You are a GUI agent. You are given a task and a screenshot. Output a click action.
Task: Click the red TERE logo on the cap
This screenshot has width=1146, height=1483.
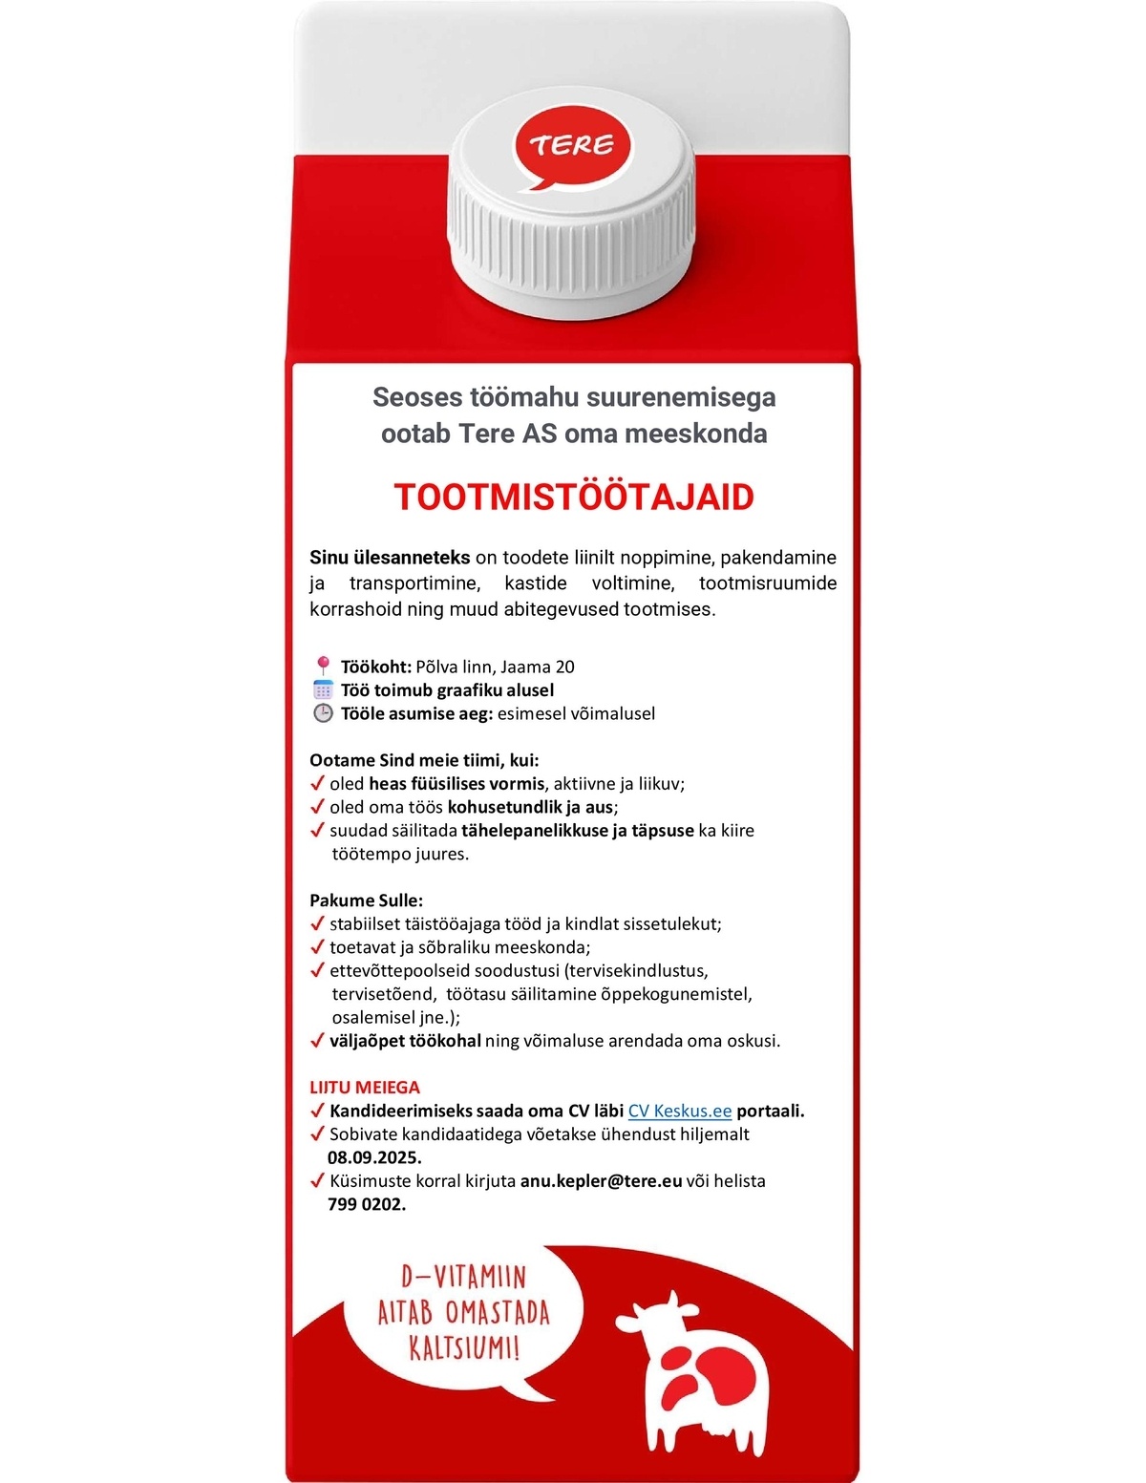[572, 147]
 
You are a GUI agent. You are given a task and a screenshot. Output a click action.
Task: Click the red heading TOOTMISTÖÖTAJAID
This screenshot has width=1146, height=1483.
[574, 498]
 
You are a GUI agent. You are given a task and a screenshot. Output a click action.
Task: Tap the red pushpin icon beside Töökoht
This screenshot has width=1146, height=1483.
[323, 666]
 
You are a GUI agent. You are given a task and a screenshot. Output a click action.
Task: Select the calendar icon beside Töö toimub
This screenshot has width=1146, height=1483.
[323, 689]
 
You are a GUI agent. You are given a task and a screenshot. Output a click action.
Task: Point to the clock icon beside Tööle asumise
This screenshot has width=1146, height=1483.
[323, 713]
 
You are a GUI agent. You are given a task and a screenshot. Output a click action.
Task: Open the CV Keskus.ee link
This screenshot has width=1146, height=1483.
[679, 1111]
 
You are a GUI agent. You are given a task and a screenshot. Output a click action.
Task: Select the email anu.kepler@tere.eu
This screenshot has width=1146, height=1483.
[601, 1181]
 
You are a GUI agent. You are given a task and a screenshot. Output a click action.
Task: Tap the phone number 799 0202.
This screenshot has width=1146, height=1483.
[367, 1204]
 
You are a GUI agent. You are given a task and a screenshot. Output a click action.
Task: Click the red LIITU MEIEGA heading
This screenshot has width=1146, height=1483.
[365, 1088]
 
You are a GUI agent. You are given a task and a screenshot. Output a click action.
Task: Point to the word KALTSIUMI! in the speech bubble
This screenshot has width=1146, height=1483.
[465, 1350]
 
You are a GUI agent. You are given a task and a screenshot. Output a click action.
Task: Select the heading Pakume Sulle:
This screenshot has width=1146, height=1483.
[366, 900]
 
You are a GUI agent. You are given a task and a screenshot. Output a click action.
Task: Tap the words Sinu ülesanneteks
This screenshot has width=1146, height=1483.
[390, 558]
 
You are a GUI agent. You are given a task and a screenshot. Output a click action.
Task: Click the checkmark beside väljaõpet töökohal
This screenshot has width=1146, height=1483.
[318, 1041]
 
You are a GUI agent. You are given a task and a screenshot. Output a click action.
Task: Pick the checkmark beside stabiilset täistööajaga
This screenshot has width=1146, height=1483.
[318, 924]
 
